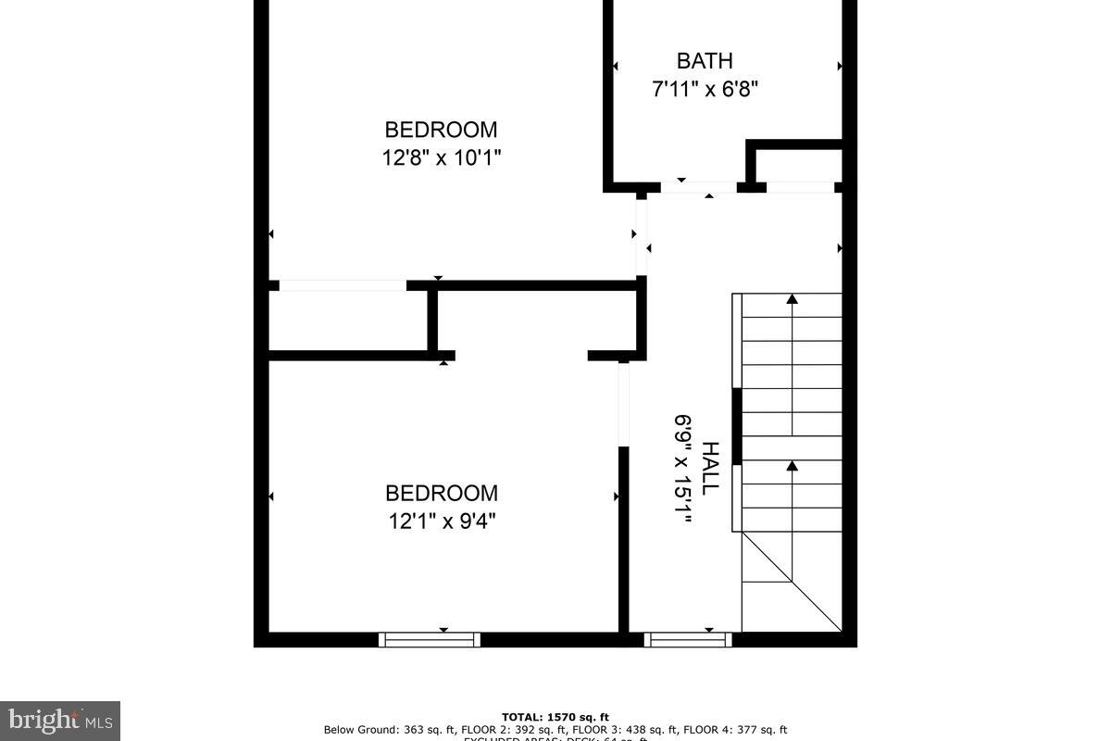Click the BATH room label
(x=705, y=61)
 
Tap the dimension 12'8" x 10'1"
(x=441, y=158)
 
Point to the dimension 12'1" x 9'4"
(x=442, y=521)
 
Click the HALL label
(x=709, y=468)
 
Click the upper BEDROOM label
(x=441, y=130)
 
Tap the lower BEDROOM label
(x=442, y=493)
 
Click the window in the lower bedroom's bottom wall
(x=430, y=639)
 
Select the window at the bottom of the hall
(x=688, y=639)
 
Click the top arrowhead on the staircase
(x=792, y=299)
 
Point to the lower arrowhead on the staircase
(x=792, y=465)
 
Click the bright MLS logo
(x=59, y=720)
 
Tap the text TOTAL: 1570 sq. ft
(x=555, y=717)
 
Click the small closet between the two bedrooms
(x=349, y=320)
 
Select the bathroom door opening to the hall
(x=698, y=187)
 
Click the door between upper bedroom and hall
(x=641, y=237)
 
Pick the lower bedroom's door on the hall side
(x=624, y=404)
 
